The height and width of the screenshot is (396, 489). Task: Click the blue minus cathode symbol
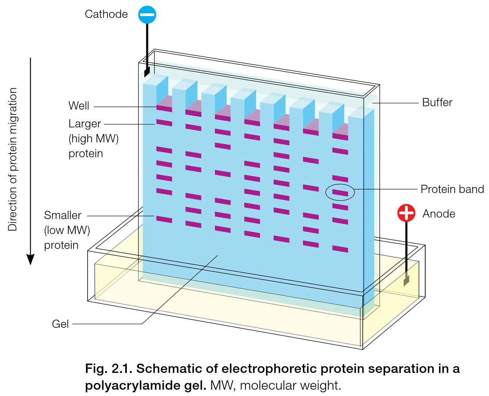[147, 15]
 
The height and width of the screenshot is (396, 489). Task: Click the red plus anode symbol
[406, 213]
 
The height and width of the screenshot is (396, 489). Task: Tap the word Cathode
[106, 14]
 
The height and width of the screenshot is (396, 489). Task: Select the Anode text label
[439, 214]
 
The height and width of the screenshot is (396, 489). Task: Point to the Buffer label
[437, 102]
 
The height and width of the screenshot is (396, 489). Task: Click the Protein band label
[452, 189]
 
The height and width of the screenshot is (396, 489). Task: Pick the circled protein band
[340, 193]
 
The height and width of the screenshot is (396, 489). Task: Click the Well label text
[79, 106]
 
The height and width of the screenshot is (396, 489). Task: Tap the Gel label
[60, 324]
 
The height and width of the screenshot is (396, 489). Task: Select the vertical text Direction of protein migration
[13, 159]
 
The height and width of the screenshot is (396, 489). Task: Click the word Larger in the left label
[85, 124]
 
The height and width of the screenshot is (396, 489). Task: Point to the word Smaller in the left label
[63, 215]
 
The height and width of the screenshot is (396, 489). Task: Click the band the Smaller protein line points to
[164, 219]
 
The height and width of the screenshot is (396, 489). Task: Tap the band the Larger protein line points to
[164, 123]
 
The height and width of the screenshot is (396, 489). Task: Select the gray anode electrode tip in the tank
[406, 280]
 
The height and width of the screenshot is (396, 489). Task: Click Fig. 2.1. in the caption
[109, 369]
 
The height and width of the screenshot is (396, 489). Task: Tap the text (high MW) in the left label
[94, 139]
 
